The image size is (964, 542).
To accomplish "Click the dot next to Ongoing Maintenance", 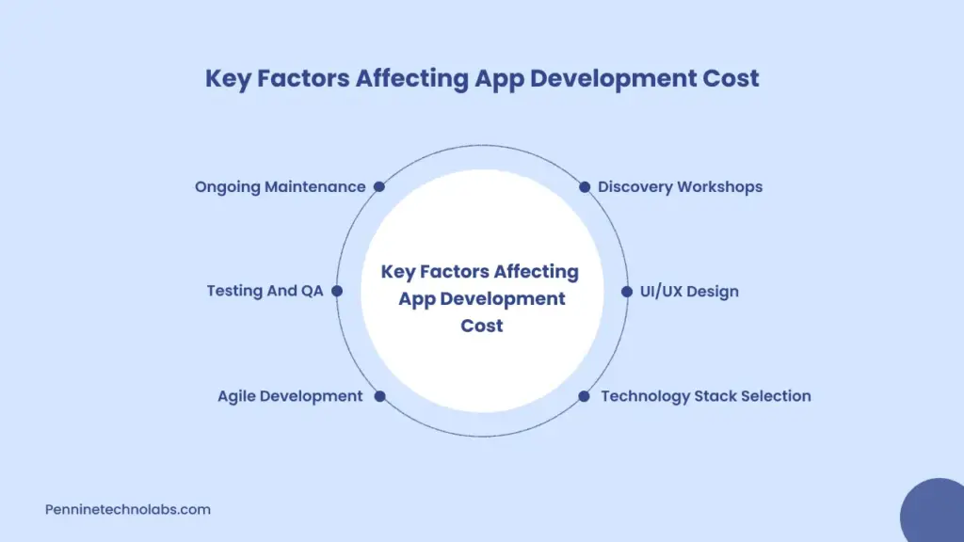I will click(379, 186).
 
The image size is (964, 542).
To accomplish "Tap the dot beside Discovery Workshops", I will click(585, 186).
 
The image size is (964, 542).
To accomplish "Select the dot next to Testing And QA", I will click(337, 291).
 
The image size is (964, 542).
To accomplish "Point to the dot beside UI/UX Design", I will click(627, 291).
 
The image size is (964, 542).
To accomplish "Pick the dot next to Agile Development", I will click(379, 396).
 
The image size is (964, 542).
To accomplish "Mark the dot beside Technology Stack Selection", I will click(584, 396).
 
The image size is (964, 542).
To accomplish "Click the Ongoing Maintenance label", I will click(280, 186).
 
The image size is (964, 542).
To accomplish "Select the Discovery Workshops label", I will click(680, 186).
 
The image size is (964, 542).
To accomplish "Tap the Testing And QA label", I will click(265, 291).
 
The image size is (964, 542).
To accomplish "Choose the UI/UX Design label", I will click(689, 291).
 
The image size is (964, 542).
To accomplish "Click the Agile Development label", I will click(290, 396).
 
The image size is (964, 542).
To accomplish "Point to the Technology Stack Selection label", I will click(705, 396).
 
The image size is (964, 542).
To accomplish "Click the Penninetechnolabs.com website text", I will click(128, 509).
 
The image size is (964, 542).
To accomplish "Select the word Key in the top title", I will click(228, 78).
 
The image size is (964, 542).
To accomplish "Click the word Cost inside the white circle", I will click(482, 326).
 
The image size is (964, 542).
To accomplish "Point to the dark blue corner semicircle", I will click(935, 513).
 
